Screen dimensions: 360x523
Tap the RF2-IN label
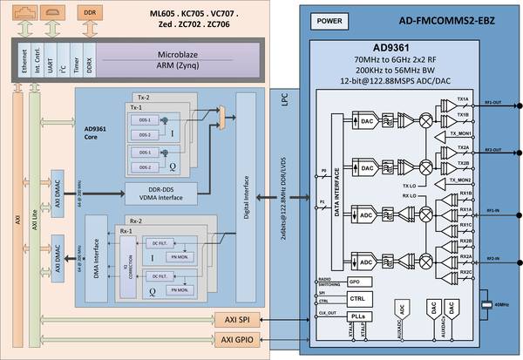493,259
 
